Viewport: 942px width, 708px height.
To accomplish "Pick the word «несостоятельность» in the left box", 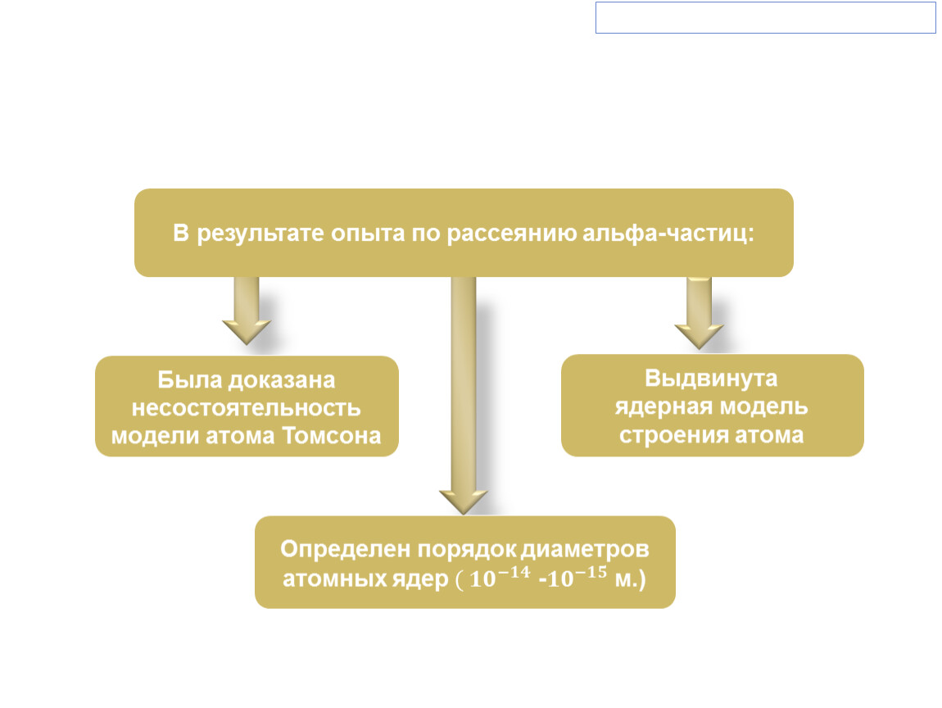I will [x=247, y=407].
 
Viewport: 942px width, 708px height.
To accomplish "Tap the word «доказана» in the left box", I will [x=282, y=380].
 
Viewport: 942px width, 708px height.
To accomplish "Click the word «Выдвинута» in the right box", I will [x=711, y=379].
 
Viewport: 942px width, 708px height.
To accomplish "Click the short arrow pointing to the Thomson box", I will [x=247, y=311].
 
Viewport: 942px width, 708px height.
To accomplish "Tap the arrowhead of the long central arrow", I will [x=464, y=501].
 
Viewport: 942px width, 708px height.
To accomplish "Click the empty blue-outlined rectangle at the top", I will [x=765, y=17].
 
